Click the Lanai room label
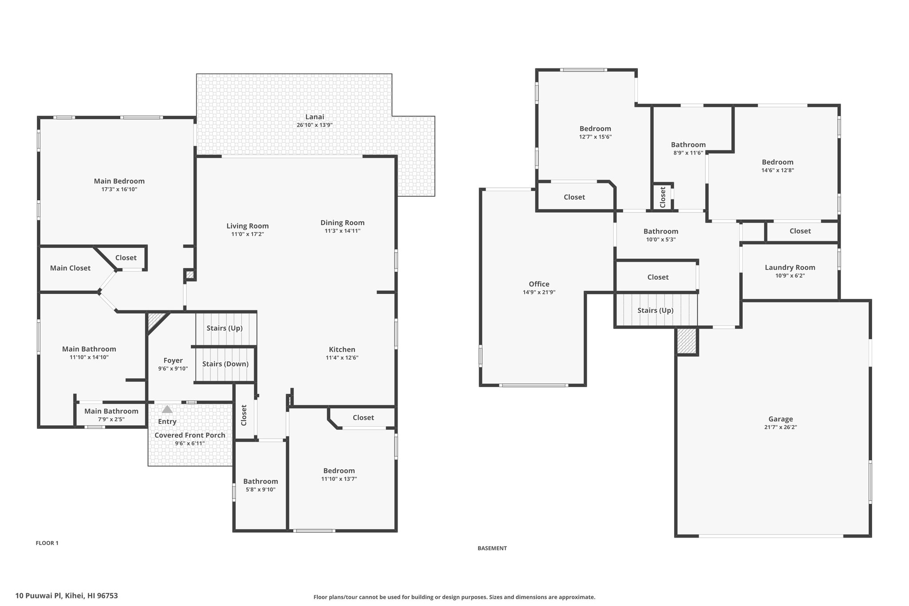coord(315,117)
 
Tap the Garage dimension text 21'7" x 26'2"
coord(781,427)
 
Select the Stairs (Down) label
coord(225,364)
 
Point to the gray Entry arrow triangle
coord(167,409)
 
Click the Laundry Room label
coord(790,267)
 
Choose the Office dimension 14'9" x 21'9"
coord(539,292)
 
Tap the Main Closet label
coord(70,268)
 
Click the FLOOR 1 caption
coord(47,543)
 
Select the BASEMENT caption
coord(492,548)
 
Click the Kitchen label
coord(342,349)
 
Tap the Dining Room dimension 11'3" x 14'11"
coord(343,231)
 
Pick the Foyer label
coord(173,360)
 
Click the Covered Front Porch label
coord(190,435)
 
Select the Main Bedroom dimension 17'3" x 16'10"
coord(119,189)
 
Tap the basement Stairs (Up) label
coord(656,310)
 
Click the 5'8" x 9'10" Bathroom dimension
coord(261,490)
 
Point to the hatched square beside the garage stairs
coord(687,341)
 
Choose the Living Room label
coord(248,226)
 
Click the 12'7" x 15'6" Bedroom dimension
coord(596,137)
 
